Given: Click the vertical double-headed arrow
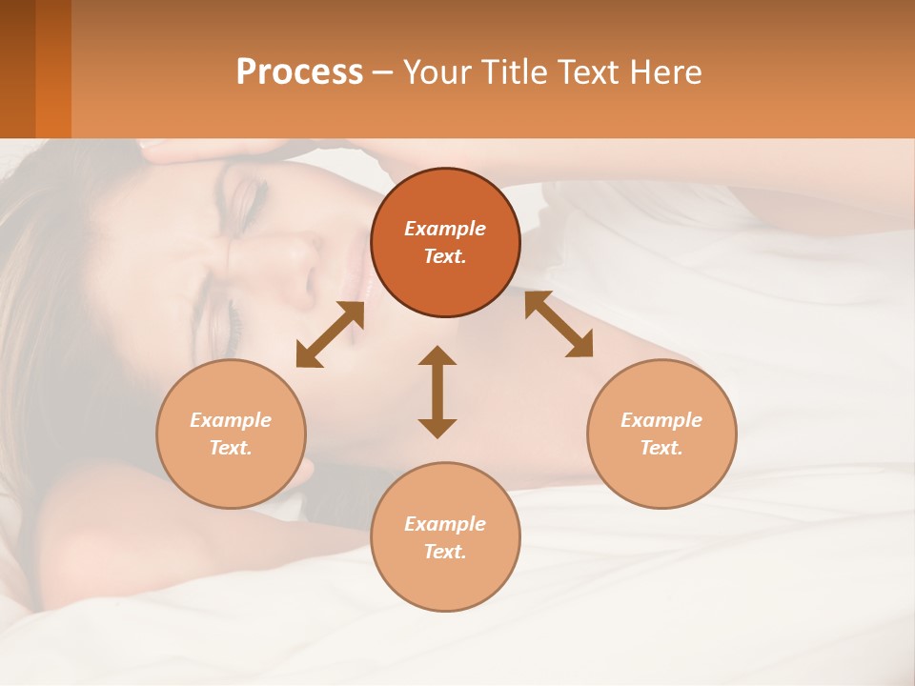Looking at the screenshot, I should point(437,392).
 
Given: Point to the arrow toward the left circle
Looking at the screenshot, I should point(330,334).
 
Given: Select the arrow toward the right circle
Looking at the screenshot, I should point(559,324).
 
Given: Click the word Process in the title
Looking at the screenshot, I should point(299,72).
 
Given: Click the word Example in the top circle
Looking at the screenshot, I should point(445,229).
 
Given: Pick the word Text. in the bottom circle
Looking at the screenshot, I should point(445,552).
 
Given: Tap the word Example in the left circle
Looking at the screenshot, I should point(231,420).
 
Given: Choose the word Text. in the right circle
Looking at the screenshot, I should point(661,448).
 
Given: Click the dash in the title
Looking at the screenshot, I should point(382,72).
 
